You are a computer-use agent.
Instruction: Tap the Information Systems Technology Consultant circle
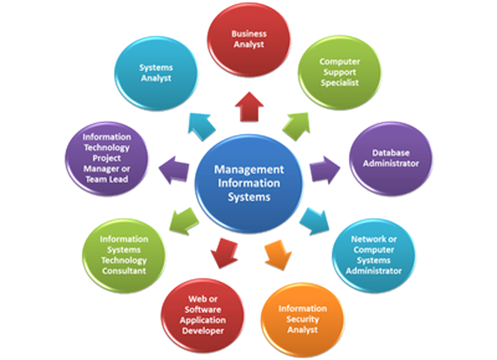124,253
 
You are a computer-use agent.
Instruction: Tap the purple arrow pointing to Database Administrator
324,168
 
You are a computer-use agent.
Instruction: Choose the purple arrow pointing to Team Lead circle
175,168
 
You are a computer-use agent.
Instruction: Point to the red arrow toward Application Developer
222,252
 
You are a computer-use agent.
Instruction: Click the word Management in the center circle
248,169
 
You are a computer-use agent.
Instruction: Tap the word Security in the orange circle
303,319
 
